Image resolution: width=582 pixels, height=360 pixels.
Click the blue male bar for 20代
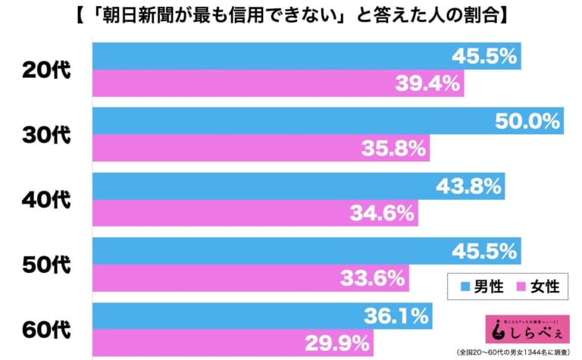click(303, 56)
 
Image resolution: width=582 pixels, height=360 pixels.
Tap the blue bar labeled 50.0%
click(326, 121)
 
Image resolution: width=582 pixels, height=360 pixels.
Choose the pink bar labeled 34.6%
click(255, 213)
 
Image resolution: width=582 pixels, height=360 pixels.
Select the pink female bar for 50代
click(250, 278)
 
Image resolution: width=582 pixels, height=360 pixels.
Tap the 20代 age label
click(45, 70)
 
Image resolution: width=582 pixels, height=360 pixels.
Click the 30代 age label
click(45, 135)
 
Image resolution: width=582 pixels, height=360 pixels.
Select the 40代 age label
click(45, 200)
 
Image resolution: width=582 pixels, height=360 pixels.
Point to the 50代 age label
click(45, 265)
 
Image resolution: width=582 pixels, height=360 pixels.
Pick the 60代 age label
click(45, 330)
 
